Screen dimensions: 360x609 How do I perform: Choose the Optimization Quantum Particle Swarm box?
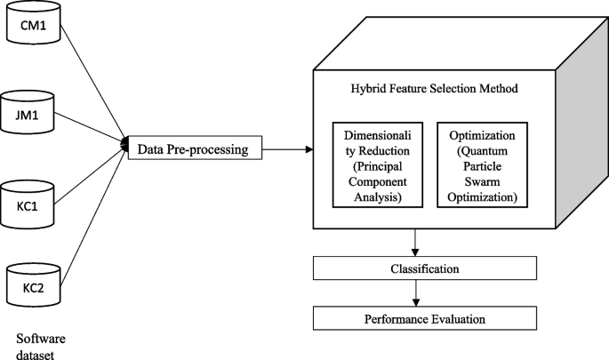[x=481, y=164]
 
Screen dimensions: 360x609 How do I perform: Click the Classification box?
[x=424, y=268]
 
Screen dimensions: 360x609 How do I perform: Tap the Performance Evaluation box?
[x=424, y=317]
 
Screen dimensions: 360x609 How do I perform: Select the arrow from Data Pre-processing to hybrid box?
[x=288, y=148]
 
